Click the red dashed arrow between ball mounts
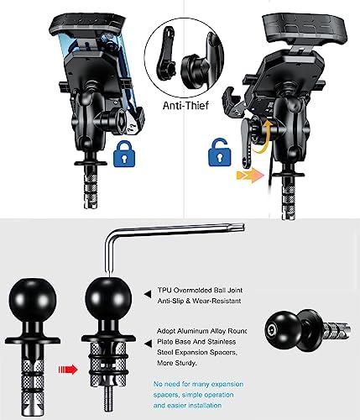[x=68, y=367]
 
